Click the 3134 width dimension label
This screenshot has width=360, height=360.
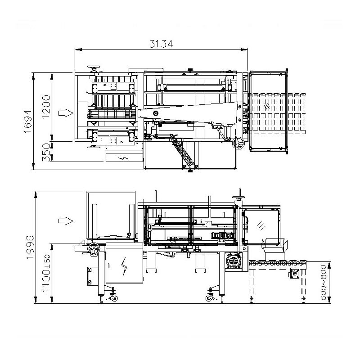click(161, 43)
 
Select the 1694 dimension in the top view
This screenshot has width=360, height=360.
click(28, 121)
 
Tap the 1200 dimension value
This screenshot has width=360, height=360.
click(46, 107)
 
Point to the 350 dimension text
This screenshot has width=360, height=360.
click(46, 152)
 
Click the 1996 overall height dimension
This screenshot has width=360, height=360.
click(30, 247)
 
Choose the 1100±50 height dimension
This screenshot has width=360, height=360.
click(46, 273)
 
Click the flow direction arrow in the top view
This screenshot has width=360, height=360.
click(66, 113)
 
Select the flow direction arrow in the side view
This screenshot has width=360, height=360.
click(66, 221)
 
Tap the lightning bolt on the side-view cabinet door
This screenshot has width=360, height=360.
click(124, 266)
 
